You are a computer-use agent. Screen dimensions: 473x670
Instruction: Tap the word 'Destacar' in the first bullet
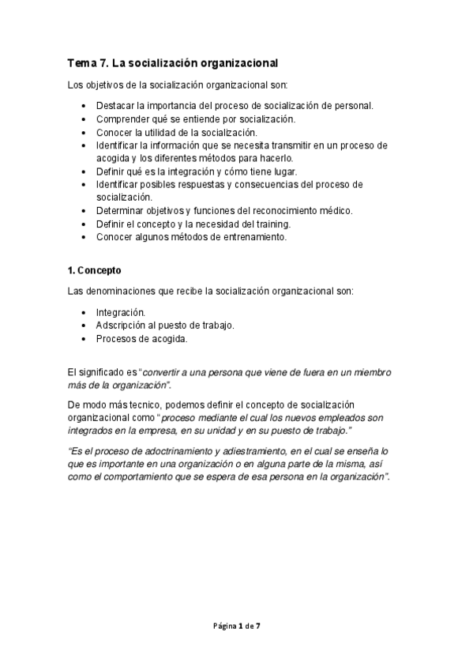click(115, 106)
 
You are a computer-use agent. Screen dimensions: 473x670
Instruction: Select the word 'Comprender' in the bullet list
click(122, 119)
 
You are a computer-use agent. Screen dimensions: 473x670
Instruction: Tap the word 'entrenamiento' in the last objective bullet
click(253, 236)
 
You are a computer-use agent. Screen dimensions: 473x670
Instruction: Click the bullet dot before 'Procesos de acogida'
click(85, 339)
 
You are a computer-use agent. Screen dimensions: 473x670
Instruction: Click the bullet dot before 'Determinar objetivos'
click(85, 210)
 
